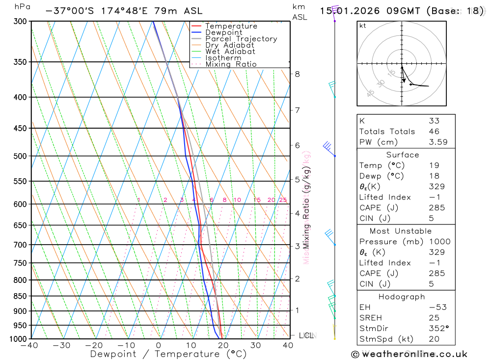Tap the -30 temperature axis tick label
(x=62, y=345)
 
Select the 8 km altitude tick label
(x=298, y=74)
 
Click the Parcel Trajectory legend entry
(x=241, y=39)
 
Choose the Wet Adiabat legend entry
(x=230, y=52)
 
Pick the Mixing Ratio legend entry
(x=231, y=64)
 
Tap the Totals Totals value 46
(x=434, y=132)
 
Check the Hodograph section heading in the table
(x=402, y=297)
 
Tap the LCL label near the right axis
(x=306, y=335)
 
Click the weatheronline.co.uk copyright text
(x=409, y=354)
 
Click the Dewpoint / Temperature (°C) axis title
(x=168, y=354)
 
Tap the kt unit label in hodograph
(x=363, y=26)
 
